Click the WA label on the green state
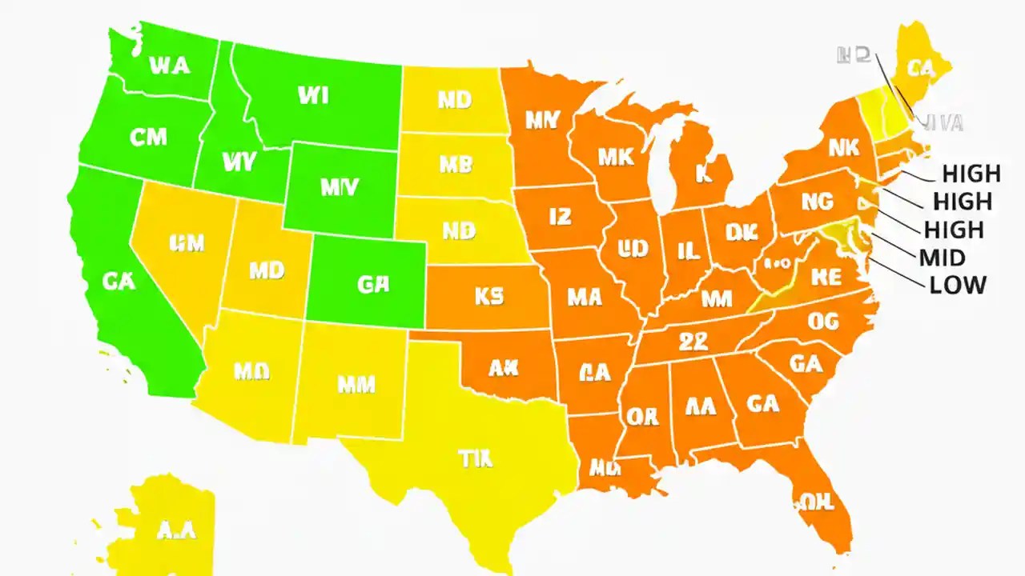point(170,65)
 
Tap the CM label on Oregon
point(148,137)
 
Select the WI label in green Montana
point(312,96)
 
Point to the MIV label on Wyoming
point(340,187)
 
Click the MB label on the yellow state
point(455,165)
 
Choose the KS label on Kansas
point(488,297)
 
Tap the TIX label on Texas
point(476,458)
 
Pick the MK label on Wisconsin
point(616,157)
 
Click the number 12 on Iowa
point(560,215)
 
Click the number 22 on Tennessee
point(693,342)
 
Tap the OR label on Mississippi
point(642,417)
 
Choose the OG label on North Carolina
point(822,322)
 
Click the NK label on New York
point(843,147)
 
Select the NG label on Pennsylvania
point(818,202)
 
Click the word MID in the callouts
point(943,258)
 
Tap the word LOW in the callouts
point(958,285)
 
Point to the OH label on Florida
point(817,502)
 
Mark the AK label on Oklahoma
point(504,368)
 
